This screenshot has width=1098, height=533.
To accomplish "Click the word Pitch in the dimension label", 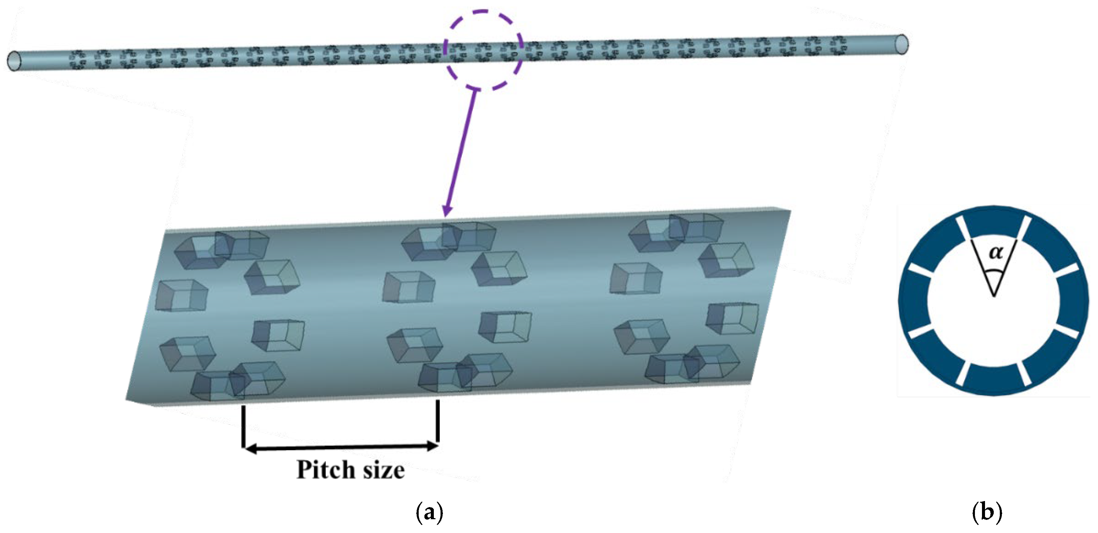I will point(326,470).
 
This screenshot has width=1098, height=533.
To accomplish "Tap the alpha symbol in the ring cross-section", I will point(996,253).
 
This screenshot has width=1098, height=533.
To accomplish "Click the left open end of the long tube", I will point(14,61).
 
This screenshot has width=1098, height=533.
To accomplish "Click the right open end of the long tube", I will point(902,44).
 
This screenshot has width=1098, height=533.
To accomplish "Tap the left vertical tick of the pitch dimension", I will point(243,426).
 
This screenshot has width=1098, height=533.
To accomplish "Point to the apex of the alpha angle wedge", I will point(993,295).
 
